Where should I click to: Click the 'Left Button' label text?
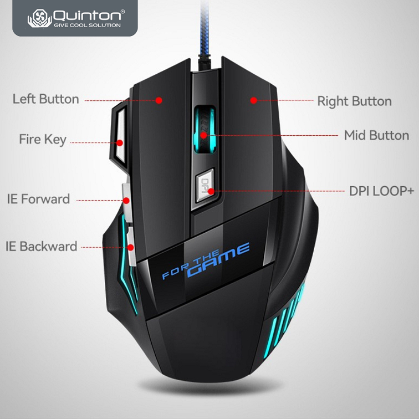pos(46,100)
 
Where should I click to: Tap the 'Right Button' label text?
pos(354,101)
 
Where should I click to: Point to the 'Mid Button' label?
pos(376,135)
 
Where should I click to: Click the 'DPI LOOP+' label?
pos(381,191)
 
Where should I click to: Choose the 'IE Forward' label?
pos(38,198)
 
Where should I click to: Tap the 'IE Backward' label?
pos(41,247)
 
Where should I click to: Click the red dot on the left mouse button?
pos(159,100)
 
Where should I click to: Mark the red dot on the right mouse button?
pos(253,100)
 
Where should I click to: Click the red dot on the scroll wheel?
pos(204,135)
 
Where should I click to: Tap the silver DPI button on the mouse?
pos(205,183)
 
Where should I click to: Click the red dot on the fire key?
pos(120,142)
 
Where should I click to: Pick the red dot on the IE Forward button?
pos(126,200)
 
